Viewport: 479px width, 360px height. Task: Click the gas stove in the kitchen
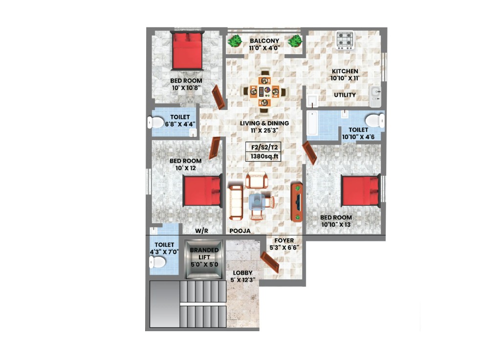click(345, 40)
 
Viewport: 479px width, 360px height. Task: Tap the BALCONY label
click(264, 41)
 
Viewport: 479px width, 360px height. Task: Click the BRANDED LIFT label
click(204, 254)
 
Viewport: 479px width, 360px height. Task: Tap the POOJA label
click(240, 231)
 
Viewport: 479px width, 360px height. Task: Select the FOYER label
click(284, 241)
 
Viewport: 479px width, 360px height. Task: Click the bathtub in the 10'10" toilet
click(312, 124)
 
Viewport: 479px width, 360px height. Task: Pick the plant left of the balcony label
click(235, 41)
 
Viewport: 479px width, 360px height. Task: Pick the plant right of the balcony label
click(295, 41)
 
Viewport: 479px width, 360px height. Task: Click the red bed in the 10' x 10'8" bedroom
click(187, 51)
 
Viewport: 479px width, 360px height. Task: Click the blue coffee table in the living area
click(257, 202)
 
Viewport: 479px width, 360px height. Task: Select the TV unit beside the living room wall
click(297, 202)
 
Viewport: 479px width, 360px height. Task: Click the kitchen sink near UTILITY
click(376, 97)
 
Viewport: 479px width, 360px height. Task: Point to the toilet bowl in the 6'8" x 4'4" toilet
click(156, 123)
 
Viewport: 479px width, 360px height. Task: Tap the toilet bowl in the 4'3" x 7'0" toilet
click(157, 262)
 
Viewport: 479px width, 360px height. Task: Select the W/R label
click(201, 231)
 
